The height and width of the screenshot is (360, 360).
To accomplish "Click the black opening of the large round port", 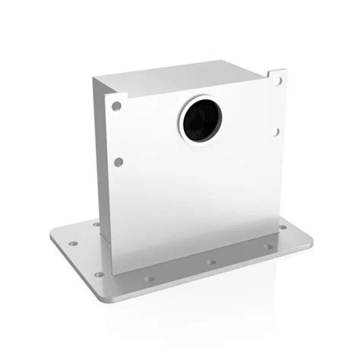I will tap(201, 120).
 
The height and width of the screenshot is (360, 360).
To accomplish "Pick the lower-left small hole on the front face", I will tap(118, 161).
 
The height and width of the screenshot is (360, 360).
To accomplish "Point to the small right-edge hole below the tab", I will tap(276, 131).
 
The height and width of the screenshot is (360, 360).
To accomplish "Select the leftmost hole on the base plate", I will tap(73, 245).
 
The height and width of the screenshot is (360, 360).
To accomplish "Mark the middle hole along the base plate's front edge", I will tap(211, 262).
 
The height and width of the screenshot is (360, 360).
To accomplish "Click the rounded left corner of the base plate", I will tap(54, 235).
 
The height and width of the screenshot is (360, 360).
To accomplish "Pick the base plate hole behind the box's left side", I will tap(96, 224).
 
